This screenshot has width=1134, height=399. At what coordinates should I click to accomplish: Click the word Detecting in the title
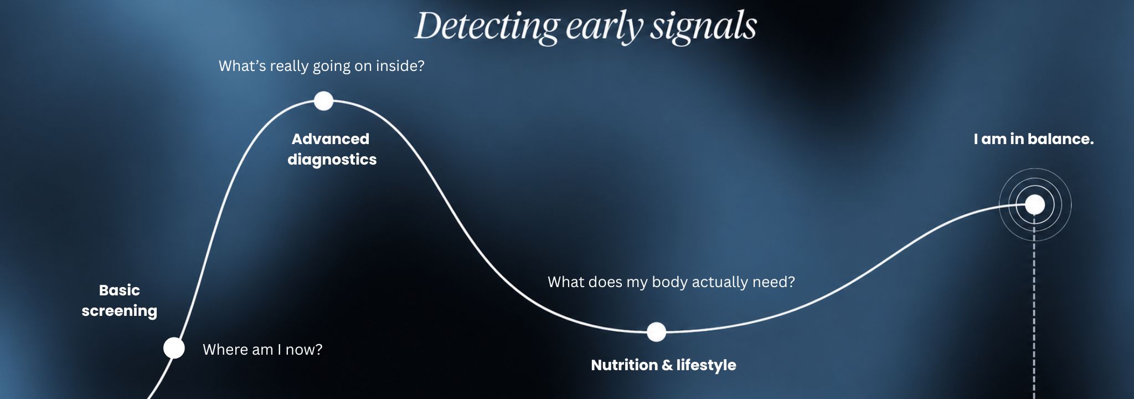coord(487,27)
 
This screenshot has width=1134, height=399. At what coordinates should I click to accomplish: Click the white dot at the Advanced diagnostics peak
coord(323,101)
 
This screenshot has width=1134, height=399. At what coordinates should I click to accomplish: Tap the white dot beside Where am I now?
coord(174,348)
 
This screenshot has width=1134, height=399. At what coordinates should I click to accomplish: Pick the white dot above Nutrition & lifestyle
coord(656,332)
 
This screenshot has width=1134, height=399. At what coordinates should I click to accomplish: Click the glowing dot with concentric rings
coord(1034,205)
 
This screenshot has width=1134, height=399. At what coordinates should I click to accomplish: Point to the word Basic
coord(120,290)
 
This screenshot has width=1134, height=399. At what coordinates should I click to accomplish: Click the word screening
coord(120,311)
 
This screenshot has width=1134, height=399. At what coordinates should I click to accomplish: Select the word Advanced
coord(331,139)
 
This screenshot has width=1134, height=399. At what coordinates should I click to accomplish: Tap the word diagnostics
coord(332,160)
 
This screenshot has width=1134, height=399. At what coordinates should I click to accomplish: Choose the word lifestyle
coord(706,366)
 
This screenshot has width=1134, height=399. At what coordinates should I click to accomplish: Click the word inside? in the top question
coord(400,66)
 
